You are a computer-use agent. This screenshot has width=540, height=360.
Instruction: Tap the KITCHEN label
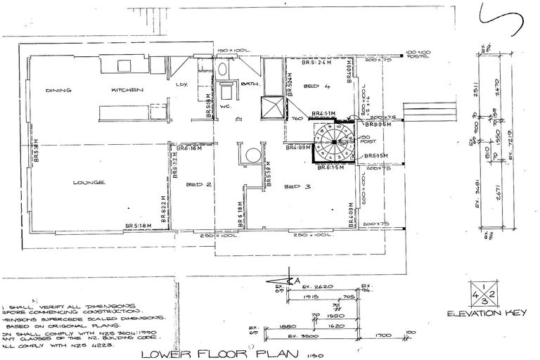(x=127, y=91)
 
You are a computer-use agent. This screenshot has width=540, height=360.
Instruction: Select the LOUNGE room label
(x=88, y=183)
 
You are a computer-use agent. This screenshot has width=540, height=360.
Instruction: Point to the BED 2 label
(x=196, y=186)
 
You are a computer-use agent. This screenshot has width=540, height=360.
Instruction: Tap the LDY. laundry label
(x=183, y=85)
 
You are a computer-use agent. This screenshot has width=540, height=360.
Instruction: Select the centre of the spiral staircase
(x=334, y=144)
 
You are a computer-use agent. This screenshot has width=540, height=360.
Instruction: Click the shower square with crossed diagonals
(x=271, y=108)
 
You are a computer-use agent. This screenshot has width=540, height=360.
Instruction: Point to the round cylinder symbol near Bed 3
(x=251, y=154)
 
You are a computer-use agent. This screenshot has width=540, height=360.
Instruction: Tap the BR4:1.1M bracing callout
(x=323, y=114)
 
